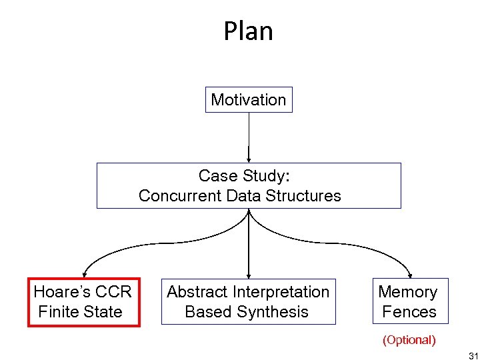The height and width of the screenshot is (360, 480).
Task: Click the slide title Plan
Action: pos(248,31)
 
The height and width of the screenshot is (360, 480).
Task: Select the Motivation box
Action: pos(248,100)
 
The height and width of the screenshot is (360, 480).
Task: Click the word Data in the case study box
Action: pos(244,196)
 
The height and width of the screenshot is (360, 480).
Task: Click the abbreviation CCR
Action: pos(113,292)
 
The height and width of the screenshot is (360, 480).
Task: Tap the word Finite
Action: pos(57,311)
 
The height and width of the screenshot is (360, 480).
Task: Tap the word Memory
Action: pos(407,292)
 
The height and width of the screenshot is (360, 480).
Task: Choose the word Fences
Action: pos(409,311)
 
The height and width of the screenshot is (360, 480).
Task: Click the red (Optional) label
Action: pos(409,340)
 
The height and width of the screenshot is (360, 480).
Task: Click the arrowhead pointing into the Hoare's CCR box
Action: pos(83,273)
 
